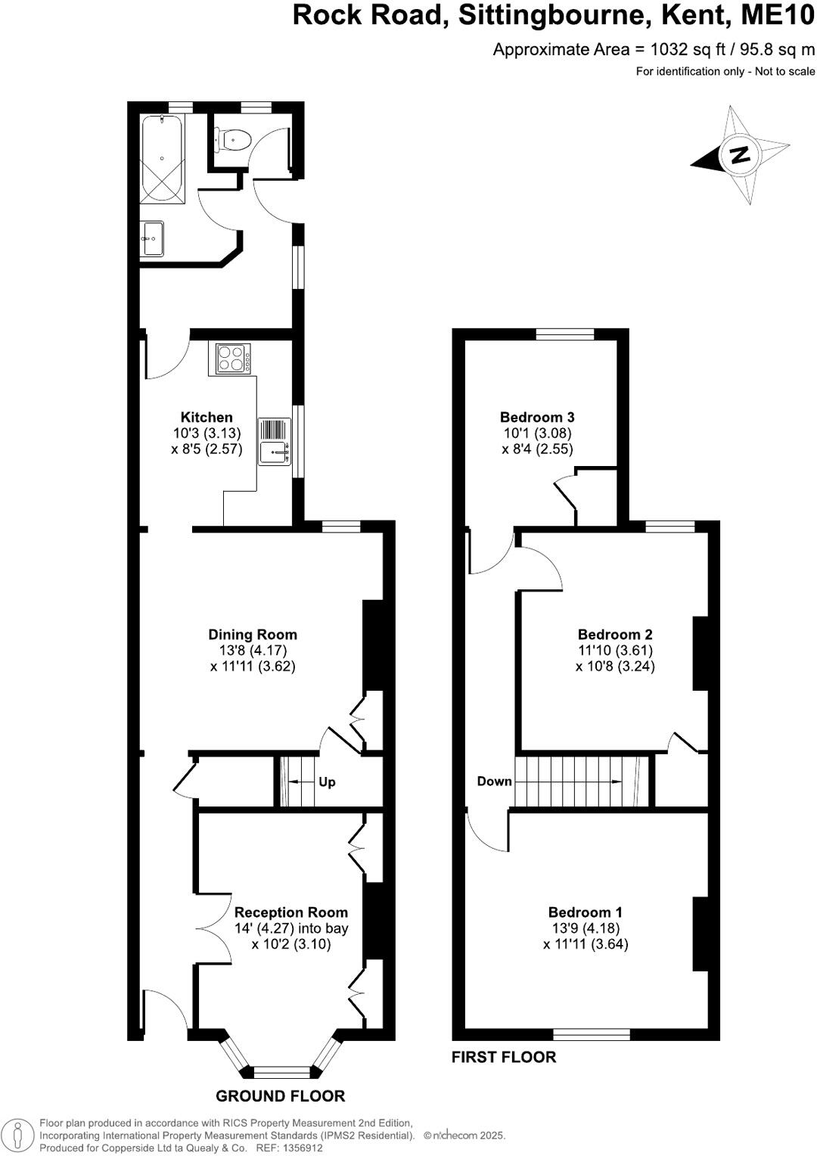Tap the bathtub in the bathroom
[163, 159]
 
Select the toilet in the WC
[235, 140]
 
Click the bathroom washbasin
[152, 239]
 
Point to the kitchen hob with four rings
[233, 359]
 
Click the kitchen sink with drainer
[275, 442]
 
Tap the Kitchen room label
[207, 417]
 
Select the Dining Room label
[253, 635]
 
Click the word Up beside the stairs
[327, 782]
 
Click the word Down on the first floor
[494, 781]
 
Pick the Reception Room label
[291, 912]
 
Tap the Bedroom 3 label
[537, 417]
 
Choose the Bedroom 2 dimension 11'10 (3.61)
[615, 651]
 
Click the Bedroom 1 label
[586, 912]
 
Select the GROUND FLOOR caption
[280, 1095]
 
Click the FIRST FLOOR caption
[504, 1057]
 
